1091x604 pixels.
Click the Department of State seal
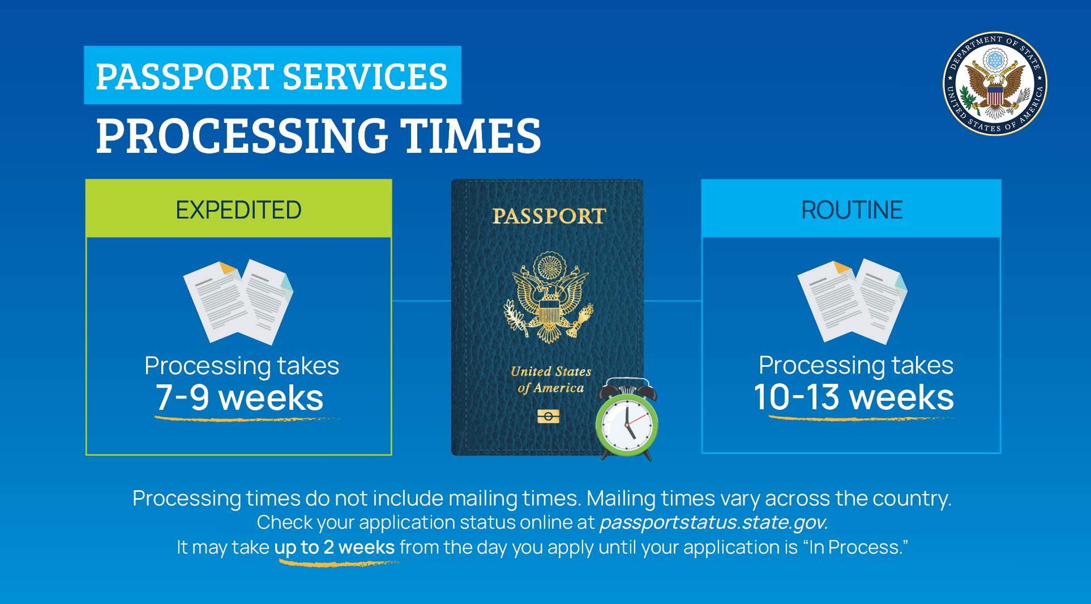pyautogui.click(x=995, y=83)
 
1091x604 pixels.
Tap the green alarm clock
pyautogui.click(x=627, y=422)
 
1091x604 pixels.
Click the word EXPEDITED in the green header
pyautogui.click(x=238, y=210)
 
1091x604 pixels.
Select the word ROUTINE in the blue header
pyautogui.click(x=852, y=210)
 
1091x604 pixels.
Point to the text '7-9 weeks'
pyautogui.click(x=239, y=397)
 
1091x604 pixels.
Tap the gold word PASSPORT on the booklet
pyautogui.click(x=549, y=216)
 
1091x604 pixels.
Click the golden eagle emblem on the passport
pyautogui.click(x=548, y=298)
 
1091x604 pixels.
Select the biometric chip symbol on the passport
pyautogui.click(x=548, y=417)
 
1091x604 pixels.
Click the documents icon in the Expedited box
pyautogui.click(x=238, y=302)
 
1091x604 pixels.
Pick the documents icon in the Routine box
pyautogui.click(x=852, y=301)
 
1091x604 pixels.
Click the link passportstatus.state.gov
pyautogui.click(x=713, y=522)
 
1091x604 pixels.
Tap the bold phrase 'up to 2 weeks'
pyautogui.click(x=334, y=547)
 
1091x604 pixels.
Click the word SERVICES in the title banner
pyautogui.click(x=365, y=76)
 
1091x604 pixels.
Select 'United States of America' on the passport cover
pyautogui.click(x=550, y=379)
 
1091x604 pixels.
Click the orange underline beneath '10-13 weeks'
pyautogui.click(x=855, y=419)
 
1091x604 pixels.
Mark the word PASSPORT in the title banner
pyautogui.click(x=185, y=76)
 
